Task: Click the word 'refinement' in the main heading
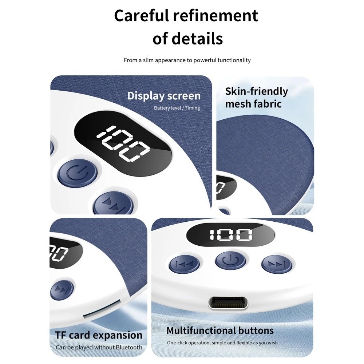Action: (x=215, y=16)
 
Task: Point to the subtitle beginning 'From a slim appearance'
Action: (x=187, y=60)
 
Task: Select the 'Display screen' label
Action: (x=164, y=96)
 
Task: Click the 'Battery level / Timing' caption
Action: (x=177, y=108)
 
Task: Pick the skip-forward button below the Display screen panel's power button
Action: (x=114, y=203)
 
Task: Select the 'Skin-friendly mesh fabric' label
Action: (x=256, y=98)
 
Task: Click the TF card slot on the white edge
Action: (x=102, y=308)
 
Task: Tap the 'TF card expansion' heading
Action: (x=99, y=335)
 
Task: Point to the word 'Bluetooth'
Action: (x=129, y=347)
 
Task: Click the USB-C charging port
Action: (x=227, y=303)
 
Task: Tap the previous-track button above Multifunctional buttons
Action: (x=184, y=264)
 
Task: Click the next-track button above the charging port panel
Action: (x=277, y=264)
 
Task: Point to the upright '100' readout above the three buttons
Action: (x=231, y=235)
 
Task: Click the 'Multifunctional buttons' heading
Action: (x=220, y=331)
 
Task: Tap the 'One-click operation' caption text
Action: (x=222, y=343)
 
